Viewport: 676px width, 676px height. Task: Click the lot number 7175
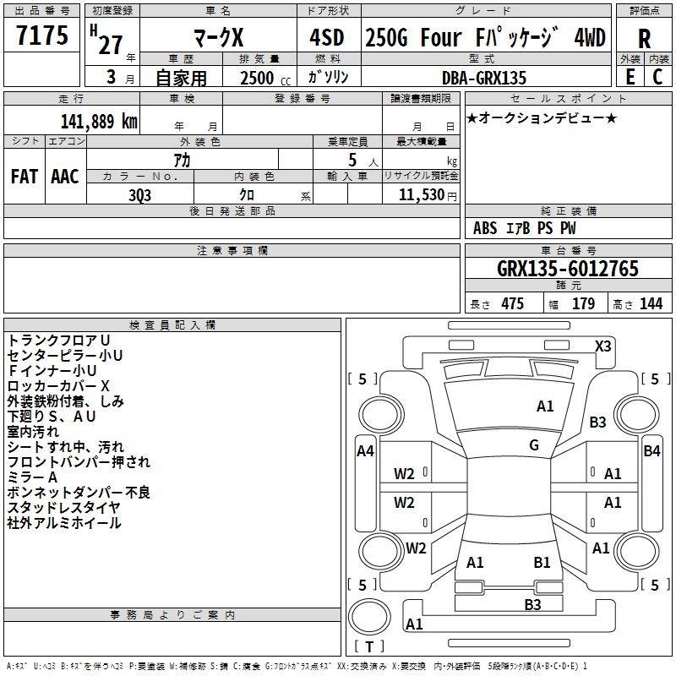click(42, 35)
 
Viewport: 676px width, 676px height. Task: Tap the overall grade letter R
click(644, 39)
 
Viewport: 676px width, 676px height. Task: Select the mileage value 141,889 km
click(99, 122)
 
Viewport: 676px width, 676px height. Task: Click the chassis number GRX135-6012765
click(568, 269)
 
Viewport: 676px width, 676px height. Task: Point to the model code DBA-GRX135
click(484, 78)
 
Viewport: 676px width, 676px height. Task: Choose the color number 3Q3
click(139, 195)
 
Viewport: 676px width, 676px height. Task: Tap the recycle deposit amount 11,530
click(422, 195)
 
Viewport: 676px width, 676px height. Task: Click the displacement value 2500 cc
click(265, 78)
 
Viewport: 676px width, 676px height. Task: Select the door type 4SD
click(327, 38)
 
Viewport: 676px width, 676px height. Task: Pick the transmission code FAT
click(25, 177)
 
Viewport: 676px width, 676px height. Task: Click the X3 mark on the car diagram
click(602, 346)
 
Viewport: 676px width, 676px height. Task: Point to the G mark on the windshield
click(534, 445)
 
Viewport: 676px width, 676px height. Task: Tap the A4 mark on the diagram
click(365, 451)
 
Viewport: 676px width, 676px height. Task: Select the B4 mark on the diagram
click(651, 451)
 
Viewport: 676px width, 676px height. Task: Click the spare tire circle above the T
click(369, 617)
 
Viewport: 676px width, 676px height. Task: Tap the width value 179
click(583, 303)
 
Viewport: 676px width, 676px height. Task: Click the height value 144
click(651, 303)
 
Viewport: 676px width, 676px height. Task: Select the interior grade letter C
click(657, 77)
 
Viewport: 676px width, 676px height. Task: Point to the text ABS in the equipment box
click(485, 228)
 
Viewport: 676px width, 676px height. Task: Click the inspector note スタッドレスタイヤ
click(63, 508)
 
